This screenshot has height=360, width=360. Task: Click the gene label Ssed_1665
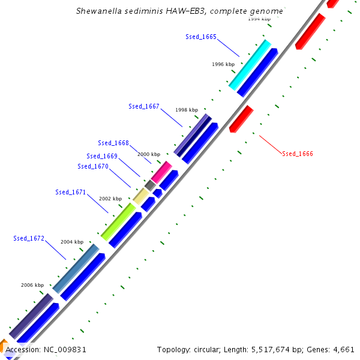pos(201,37)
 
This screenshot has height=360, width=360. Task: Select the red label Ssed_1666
pos(298,154)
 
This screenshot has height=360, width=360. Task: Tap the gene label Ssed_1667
pos(144,106)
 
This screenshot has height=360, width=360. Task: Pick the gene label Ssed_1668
pos(113,143)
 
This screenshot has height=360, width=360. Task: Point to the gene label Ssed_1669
pos(102,156)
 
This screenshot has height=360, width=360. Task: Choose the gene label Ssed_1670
pos(93,166)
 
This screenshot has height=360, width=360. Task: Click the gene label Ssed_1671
pos(71,193)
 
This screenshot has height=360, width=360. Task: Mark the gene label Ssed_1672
pos(29,238)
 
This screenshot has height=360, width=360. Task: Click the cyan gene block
pos(250,65)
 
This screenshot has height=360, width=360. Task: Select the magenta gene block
pos(161,172)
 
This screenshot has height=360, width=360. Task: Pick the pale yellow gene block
pos(140,196)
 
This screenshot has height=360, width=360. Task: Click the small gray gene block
pos(150,185)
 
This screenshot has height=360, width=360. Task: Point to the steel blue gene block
pos(76,268)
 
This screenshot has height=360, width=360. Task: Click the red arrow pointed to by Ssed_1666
pos(241,118)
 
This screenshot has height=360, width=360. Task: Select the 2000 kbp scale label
pos(149,154)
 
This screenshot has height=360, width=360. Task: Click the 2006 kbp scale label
pos(32,285)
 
